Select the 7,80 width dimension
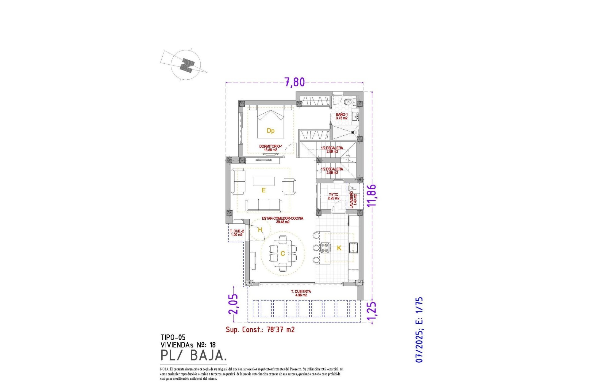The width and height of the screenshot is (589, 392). pos(294,82)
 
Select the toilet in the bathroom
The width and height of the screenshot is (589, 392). pos(348,102)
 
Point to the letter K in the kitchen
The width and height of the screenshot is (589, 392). pos(339,248)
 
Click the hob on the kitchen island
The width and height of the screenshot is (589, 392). pos(325,248)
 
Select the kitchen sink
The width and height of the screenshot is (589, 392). pos(353,248)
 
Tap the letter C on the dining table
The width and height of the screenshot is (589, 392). pos(283,254)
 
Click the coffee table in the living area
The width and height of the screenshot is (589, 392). pos(264,181)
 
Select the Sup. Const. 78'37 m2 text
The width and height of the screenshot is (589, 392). pos(260,330)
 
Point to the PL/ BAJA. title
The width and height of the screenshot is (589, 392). pos(194,355)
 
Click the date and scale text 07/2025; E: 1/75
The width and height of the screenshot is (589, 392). pos(419,330)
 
